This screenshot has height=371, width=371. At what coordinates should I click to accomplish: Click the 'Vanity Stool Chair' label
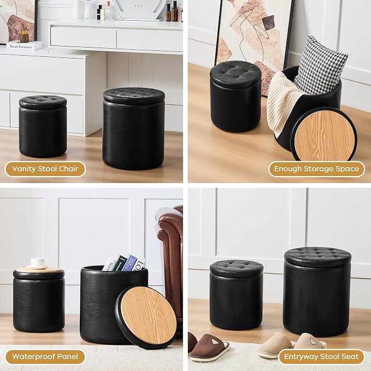pyautogui.click(x=45, y=169)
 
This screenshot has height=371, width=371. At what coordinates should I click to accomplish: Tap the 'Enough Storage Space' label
pyautogui.click(x=316, y=169)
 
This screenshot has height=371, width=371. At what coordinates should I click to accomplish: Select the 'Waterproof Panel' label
pyautogui.click(x=45, y=357)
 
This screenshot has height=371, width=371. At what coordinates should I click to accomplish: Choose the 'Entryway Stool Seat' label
pyautogui.click(x=321, y=357)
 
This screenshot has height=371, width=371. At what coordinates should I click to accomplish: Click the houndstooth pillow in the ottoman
pyautogui.click(x=321, y=65)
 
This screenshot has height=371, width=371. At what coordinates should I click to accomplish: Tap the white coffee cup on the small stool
pyautogui.click(x=38, y=263)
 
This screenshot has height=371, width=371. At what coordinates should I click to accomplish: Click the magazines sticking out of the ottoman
pyautogui.click(x=123, y=263)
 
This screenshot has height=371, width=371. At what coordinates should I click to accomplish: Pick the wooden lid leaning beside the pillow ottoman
pyautogui.click(x=324, y=135)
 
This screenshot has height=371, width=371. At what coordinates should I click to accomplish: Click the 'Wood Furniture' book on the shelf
pyautogui.click(x=25, y=45)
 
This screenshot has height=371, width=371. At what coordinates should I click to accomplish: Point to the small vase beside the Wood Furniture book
pyautogui.click(x=24, y=36)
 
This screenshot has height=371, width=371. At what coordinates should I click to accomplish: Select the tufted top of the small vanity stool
pyautogui.click(x=43, y=102)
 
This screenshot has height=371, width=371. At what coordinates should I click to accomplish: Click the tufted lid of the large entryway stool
pyautogui.click(x=317, y=257)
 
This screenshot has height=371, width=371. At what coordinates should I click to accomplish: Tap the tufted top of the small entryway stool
pyautogui.click(x=237, y=268)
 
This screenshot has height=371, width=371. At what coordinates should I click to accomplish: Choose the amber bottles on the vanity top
pyautogui.click(x=172, y=11)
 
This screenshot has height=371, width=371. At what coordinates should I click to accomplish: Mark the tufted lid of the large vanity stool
pyautogui.click(x=134, y=96)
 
